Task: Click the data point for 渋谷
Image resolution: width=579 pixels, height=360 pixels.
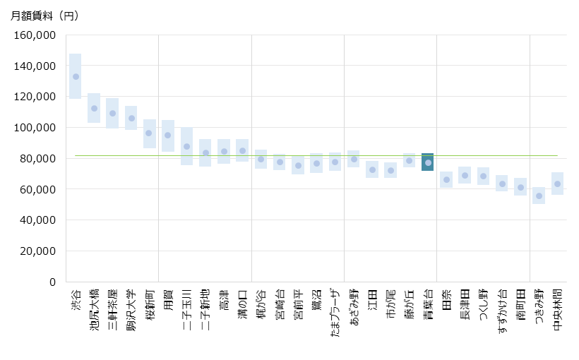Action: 76,77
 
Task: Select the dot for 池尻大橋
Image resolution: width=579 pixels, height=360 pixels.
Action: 94,108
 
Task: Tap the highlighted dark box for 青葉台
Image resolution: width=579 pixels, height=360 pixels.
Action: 428,163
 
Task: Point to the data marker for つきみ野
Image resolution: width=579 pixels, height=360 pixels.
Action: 539,196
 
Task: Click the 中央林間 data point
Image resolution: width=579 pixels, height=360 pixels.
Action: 557,184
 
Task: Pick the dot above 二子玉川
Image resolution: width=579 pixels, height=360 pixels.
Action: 186,147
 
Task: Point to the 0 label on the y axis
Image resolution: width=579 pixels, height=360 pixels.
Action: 52,282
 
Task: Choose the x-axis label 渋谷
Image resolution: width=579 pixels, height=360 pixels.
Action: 76,297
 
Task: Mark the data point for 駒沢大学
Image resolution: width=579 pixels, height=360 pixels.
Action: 131,118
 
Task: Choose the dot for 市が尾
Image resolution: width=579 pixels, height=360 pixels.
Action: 390,170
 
